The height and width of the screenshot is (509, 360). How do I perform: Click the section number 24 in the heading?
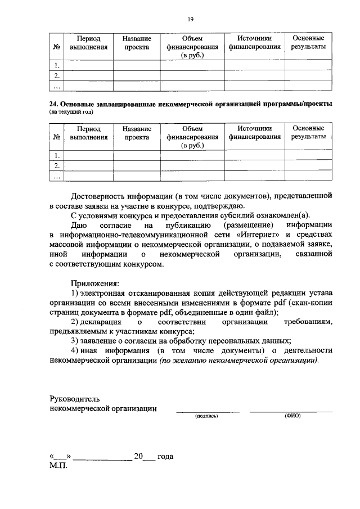tap(53, 104)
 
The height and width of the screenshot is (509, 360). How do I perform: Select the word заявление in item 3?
tap(103, 341)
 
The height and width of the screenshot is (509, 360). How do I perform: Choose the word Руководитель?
tap(76, 399)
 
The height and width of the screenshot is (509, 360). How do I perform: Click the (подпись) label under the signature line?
tap(206, 416)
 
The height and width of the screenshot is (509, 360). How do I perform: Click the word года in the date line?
tap(166, 457)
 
